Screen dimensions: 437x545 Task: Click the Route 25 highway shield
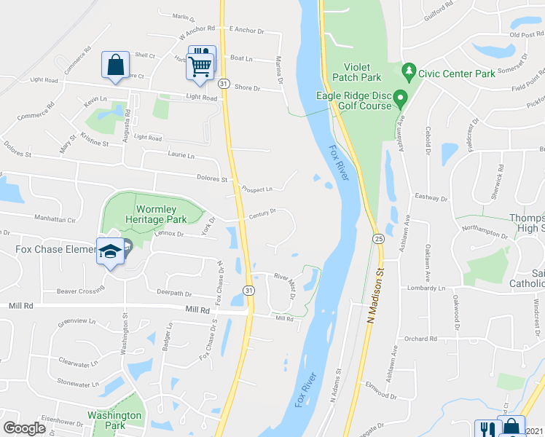coord(378,238)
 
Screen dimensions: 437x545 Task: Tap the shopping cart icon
coord(200,66)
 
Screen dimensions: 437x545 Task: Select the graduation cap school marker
coord(110,251)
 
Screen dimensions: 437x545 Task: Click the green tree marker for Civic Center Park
coord(409,71)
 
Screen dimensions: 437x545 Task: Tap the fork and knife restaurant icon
coord(485,429)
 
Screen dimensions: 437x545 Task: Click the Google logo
coord(24,428)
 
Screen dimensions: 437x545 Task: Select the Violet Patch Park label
coord(357,71)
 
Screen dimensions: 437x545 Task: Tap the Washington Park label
coord(114,420)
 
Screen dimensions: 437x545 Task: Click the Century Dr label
coord(262,213)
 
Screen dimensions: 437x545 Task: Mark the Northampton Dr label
coord(484,235)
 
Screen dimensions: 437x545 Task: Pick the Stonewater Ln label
coord(77,384)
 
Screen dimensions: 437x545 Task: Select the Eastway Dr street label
coord(429,197)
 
